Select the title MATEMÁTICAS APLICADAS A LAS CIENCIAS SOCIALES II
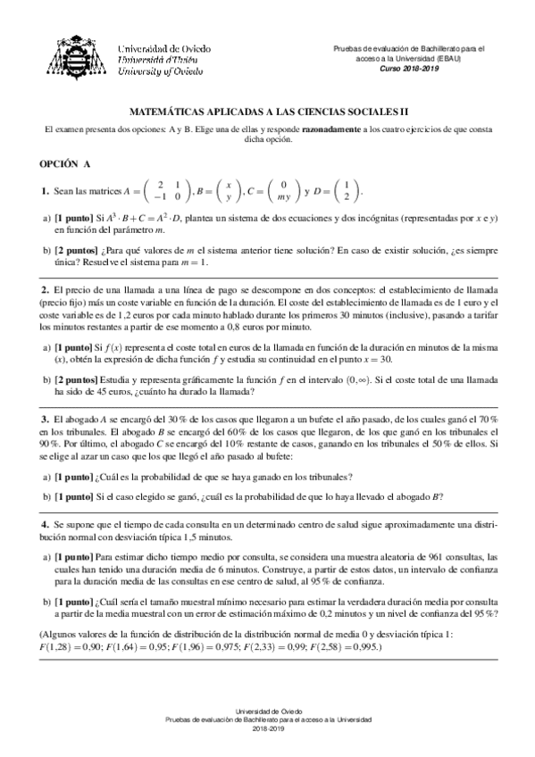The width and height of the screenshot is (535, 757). (x=268, y=113)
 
